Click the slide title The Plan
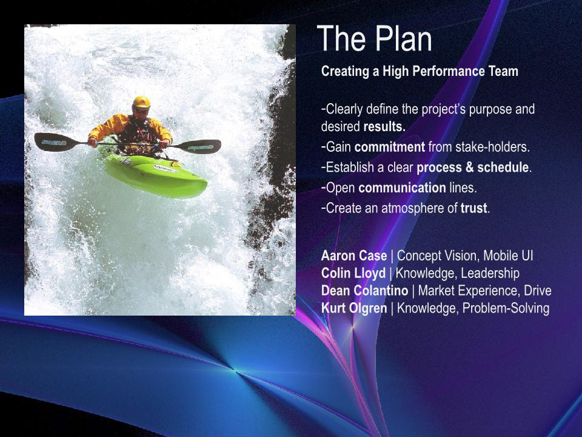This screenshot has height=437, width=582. tap(374, 39)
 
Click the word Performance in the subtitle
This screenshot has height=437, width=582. tap(449, 71)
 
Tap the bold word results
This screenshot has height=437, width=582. tap(384, 127)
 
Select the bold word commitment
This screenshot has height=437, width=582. tap(389, 147)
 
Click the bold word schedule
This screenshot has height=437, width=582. tap(504, 168)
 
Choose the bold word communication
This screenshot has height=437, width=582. tap(402, 188)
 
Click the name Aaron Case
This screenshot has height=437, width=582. tap(353, 256)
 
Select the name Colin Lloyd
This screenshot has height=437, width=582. tap(353, 274)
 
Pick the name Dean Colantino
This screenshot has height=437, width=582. tap(364, 291)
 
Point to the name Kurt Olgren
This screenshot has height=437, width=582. tap(354, 308)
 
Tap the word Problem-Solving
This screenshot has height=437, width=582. tap(506, 308)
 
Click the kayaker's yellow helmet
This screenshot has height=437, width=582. tap(141, 102)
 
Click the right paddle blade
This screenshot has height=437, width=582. tap(201, 146)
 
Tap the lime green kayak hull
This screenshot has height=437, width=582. tap(156, 175)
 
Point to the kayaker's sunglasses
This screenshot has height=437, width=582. tap(141, 110)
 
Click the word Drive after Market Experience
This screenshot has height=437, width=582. tap(538, 291)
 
